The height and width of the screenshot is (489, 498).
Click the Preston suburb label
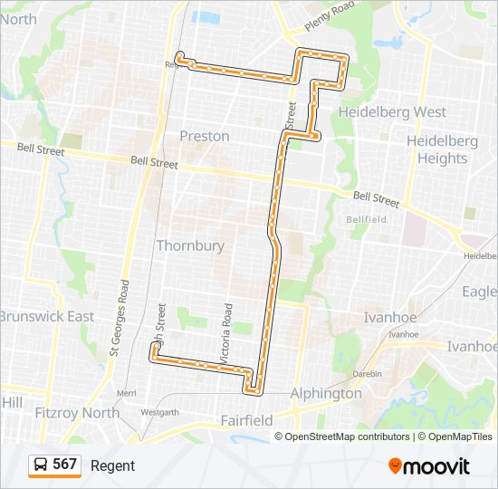tap(205, 136)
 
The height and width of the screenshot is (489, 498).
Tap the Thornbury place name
tap(190, 245)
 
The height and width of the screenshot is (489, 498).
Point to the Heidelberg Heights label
tap(436, 150)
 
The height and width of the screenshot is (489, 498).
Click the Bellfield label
tap(366, 219)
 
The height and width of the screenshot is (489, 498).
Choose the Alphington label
tap(326, 393)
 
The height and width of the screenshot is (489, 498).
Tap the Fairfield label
tap(247, 420)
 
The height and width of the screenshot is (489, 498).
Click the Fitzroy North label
tap(77, 413)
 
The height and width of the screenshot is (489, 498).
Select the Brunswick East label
tap(46, 316)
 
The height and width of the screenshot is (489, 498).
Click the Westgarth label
tap(159, 412)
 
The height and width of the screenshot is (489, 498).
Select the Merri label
tap(126, 393)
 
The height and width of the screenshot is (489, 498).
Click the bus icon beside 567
tap(41, 465)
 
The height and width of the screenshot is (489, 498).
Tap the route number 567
tap(65, 465)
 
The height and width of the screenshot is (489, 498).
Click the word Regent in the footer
tap(112, 465)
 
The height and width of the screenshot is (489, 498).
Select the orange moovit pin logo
tap(395, 465)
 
